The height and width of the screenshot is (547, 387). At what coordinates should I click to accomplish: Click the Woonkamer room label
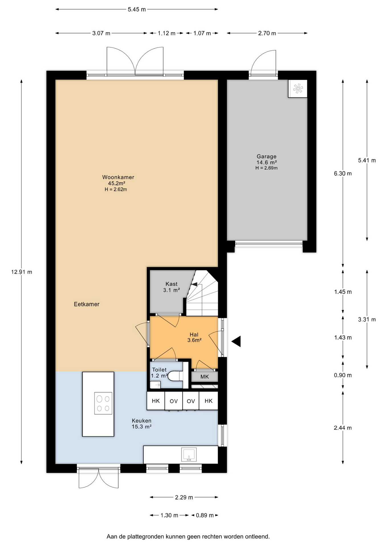(118, 177)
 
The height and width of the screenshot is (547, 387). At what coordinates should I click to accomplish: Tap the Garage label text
(266, 156)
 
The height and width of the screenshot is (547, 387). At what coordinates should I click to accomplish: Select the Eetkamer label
(87, 304)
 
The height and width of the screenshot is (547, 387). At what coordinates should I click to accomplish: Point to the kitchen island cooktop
(103, 403)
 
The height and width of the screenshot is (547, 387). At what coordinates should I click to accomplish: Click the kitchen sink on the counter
(189, 454)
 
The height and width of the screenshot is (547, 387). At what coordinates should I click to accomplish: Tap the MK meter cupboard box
(205, 377)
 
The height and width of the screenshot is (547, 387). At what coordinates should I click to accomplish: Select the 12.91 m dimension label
(22, 272)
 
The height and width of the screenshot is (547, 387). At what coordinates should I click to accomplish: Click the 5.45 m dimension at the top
(137, 9)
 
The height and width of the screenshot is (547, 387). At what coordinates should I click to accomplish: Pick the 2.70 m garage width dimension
(267, 33)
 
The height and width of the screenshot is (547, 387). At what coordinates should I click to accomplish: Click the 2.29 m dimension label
(184, 497)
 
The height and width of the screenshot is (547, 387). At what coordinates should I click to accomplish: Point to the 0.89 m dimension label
(205, 515)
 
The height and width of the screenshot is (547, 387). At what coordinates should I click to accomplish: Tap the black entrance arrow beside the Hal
(236, 341)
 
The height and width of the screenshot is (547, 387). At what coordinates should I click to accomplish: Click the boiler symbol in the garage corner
(298, 89)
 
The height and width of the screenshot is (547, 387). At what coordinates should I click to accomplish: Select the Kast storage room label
(172, 284)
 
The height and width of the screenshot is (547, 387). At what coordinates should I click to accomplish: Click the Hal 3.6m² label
(194, 337)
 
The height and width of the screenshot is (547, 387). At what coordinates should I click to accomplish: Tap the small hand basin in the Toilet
(155, 385)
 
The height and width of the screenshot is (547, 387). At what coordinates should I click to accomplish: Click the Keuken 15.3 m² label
(142, 424)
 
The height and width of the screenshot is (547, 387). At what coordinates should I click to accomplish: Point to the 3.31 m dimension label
(367, 320)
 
